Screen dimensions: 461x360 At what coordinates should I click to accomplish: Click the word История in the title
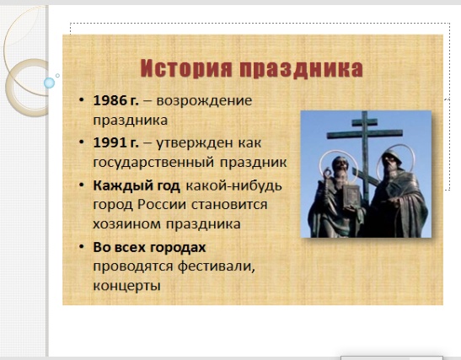pyautogui.click(x=187, y=68)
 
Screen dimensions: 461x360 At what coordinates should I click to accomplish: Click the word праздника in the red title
pyautogui.click(x=302, y=69)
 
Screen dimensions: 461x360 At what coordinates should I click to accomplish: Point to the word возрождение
pyautogui.click(x=204, y=101)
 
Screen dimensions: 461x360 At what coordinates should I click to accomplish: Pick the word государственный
pyautogui.click(x=153, y=163)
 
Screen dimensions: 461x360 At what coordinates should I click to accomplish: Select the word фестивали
pyautogui.click(x=217, y=266)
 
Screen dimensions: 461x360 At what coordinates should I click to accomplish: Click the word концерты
pyautogui.click(x=126, y=286)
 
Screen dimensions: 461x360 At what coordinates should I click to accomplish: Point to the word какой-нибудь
pyautogui.click(x=234, y=186)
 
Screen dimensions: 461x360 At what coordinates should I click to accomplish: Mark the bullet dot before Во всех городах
pyautogui.click(x=82, y=246)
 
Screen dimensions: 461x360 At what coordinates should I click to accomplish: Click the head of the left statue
pyautogui.click(x=340, y=165)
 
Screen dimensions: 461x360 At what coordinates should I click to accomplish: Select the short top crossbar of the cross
pyautogui.click(x=365, y=121)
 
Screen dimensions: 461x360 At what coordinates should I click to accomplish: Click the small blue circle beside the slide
pyautogui.click(x=49, y=83)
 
